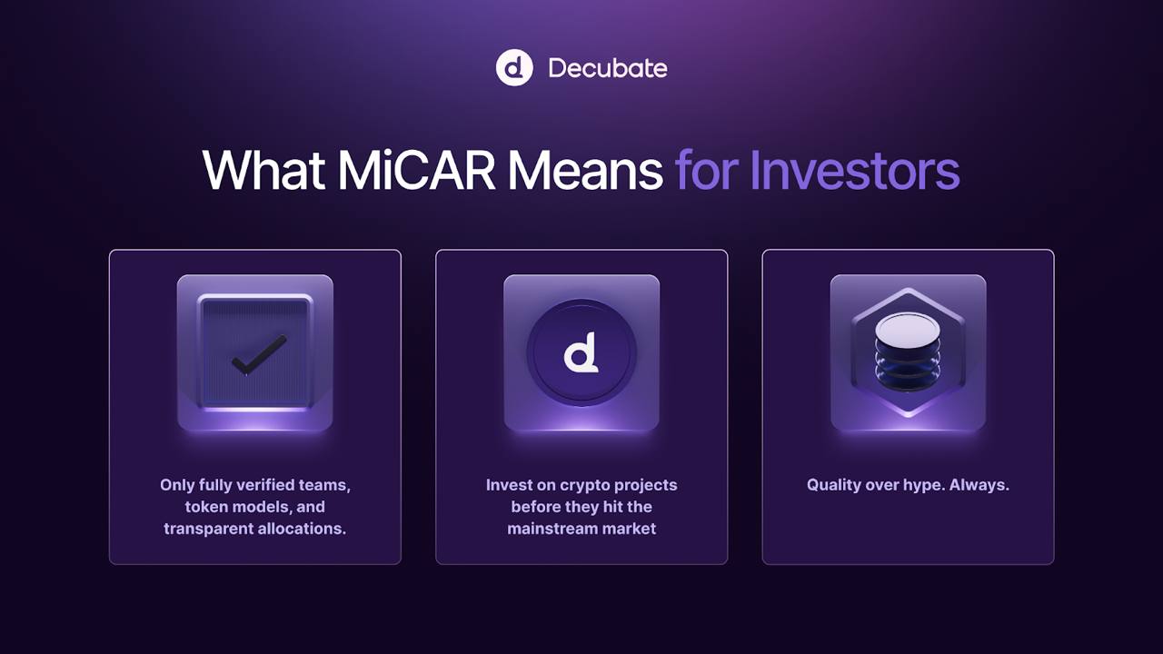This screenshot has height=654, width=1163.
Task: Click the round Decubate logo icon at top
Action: tap(514, 68)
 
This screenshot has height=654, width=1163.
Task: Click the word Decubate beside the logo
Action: tap(608, 68)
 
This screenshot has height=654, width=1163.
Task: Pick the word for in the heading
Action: tap(705, 170)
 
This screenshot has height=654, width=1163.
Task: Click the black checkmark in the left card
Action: tap(259, 354)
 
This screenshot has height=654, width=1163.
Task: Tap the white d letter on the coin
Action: tap(581, 353)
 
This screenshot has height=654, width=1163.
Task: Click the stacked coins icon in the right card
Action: tap(908, 352)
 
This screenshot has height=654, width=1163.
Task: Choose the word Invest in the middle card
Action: tap(509, 485)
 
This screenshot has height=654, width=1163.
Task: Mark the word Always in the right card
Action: tap(979, 485)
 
